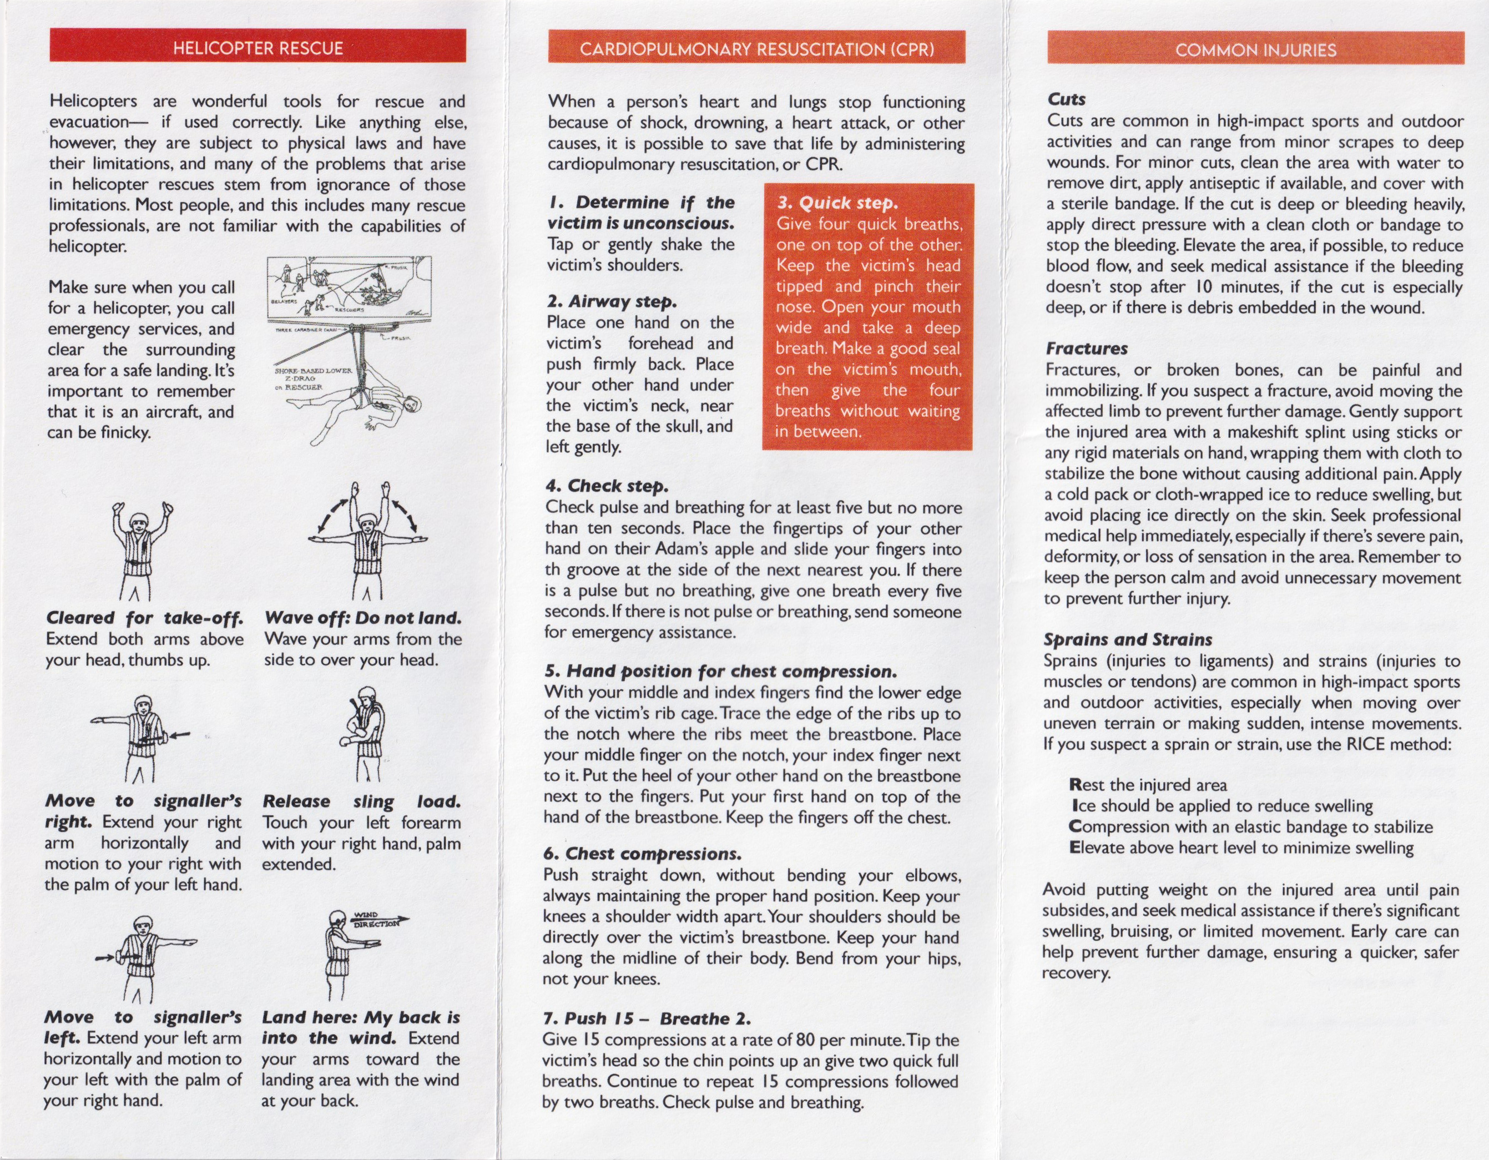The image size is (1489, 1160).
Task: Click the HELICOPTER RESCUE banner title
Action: [x=258, y=48]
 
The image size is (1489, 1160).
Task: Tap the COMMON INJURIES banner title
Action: [x=1255, y=50]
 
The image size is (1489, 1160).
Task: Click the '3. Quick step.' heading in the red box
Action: [x=837, y=203]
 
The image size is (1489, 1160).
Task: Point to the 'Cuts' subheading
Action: [x=1066, y=99]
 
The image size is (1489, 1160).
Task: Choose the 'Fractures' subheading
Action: [x=1086, y=349]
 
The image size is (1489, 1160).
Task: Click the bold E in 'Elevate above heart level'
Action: [x=1075, y=848]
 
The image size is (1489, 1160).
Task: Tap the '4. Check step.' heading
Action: [x=606, y=486]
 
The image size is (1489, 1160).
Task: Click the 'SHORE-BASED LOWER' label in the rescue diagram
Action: [x=313, y=371]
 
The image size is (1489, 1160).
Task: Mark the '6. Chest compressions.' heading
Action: [x=642, y=853]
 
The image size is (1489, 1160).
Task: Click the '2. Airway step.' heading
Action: [x=612, y=301]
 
